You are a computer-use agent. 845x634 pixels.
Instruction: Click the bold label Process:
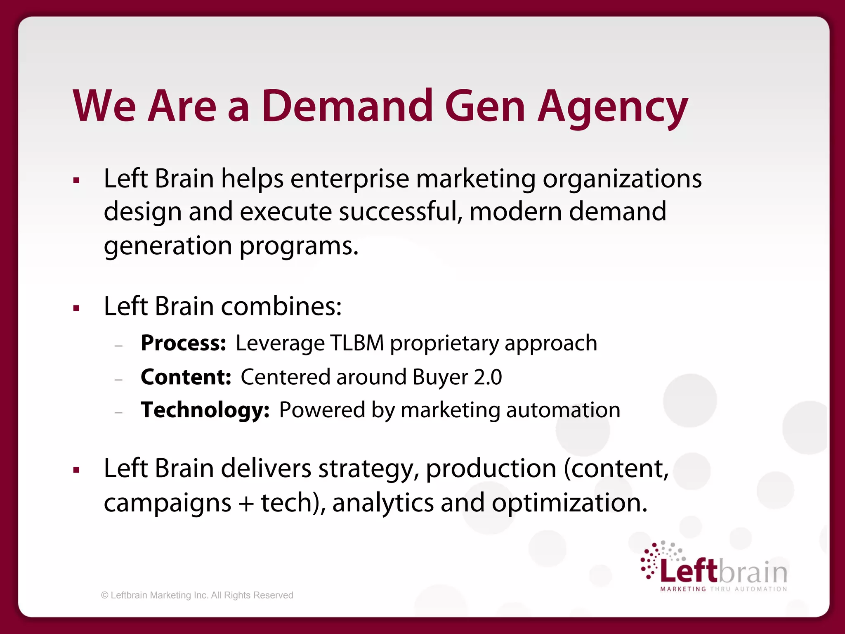point(183,343)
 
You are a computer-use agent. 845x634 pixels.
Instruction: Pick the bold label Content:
point(186,377)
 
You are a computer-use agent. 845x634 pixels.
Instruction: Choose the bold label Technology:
point(205,410)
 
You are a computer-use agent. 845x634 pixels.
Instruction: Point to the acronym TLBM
point(357,343)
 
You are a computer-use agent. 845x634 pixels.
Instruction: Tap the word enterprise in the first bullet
point(350,179)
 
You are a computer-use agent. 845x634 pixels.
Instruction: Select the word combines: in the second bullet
point(281,306)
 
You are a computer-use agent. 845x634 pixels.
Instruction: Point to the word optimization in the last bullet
point(569,503)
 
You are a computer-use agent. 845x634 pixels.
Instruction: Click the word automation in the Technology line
point(563,410)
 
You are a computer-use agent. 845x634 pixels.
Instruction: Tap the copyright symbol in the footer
point(105,595)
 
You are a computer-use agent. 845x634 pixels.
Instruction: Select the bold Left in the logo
point(689,571)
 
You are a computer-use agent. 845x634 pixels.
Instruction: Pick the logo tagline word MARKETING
point(683,589)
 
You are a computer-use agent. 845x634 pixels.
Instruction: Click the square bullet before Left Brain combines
point(76,308)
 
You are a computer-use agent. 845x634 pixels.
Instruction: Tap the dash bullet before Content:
point(119,379)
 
